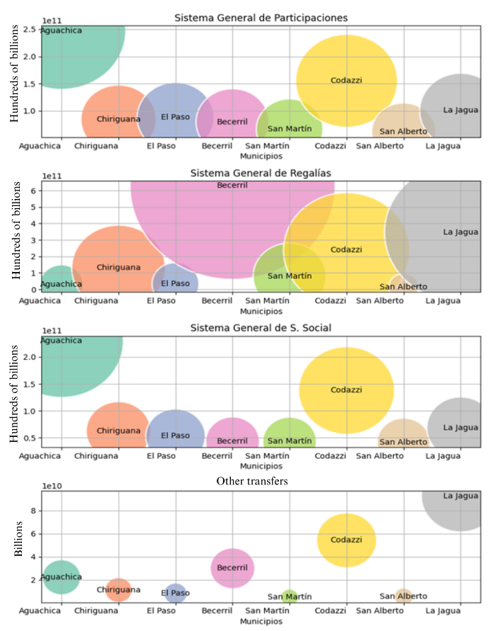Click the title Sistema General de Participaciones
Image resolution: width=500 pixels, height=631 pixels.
tap(261, 17)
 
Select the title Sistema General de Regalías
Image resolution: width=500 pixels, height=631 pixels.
tap(261, 173)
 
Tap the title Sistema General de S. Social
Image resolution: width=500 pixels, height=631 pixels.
tap(261, 327)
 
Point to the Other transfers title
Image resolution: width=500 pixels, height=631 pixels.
tap(261, 482)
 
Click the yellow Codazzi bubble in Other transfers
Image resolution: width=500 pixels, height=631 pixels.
tap(346, 540)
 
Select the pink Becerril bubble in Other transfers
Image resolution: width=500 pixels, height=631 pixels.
tap(232, 568)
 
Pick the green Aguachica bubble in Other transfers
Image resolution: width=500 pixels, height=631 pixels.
tap(62, 576)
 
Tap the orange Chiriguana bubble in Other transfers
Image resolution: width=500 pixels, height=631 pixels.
tap(118, 589)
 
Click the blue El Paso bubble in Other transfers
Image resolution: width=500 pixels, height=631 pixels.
tap(176, 593)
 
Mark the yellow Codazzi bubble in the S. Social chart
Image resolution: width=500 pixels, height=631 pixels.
tap(346, 390)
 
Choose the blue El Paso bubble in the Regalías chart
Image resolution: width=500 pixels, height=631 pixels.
tap(176, 283)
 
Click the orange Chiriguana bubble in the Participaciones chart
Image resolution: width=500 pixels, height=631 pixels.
tap(118, 118)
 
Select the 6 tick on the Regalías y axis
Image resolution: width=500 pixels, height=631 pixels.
tap(33, 190)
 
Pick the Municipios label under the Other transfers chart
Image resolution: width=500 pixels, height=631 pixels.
tap(261, 620)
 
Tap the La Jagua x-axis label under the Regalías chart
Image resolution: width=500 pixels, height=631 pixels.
tap(443, 301)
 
